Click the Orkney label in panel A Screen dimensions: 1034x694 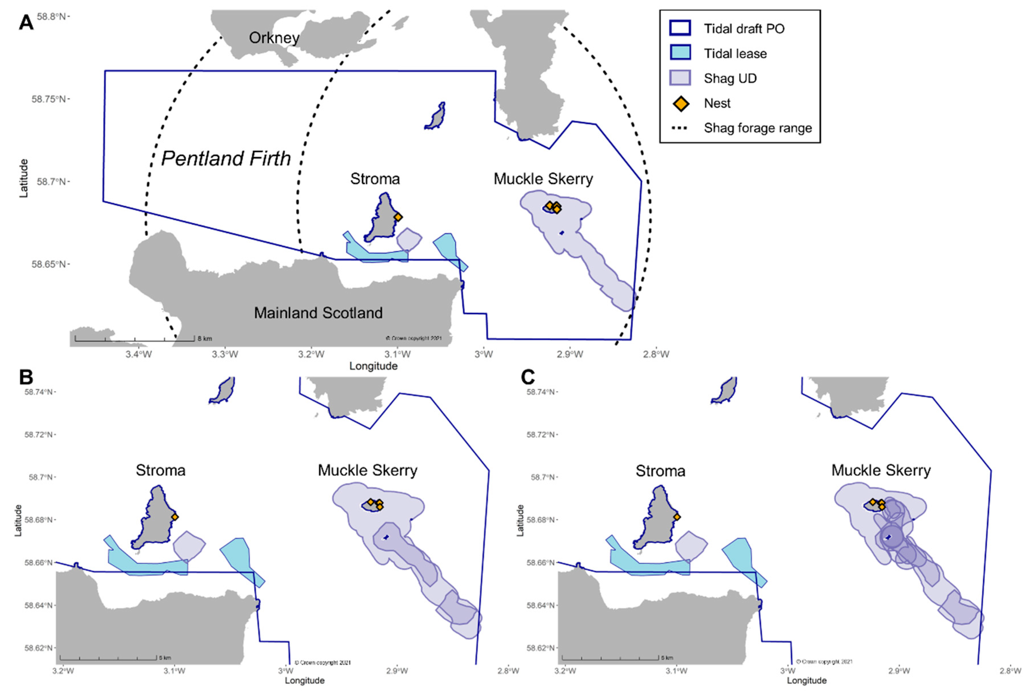[x=274, y=38]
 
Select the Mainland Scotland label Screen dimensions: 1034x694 [x=318, y=313]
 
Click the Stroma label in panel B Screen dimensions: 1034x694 [x=160, y=470]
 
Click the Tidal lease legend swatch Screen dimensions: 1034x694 [x=680, y=54]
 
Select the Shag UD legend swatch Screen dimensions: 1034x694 [x=680, y=78]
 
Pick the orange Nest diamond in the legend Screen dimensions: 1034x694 [x=680, y=103]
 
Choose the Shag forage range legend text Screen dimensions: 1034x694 [x=758, y=128]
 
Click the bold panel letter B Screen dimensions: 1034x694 [x=26, y=377]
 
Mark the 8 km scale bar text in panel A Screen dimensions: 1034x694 [x=205, y=339]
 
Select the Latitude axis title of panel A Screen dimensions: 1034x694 [x=23, y=178]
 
